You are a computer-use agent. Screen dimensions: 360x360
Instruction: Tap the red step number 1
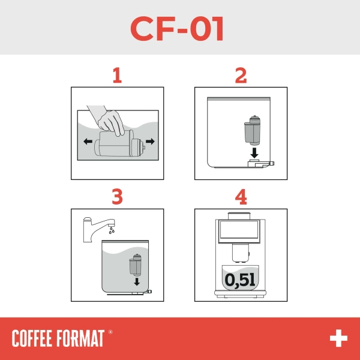[117, 75]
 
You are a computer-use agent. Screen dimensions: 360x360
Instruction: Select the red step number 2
[241, 75]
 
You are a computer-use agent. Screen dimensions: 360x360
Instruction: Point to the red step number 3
[117, 197]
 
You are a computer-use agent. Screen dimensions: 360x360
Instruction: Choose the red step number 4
[241, 197]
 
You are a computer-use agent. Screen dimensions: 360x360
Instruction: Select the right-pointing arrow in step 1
[149, 142]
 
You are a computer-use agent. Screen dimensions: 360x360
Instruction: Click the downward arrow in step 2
[255, 152]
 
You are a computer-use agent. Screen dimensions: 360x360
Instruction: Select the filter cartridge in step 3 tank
[135, 266]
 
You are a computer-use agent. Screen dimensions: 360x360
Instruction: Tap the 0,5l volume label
[241, 278]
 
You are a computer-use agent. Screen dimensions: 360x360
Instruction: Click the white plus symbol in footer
[338, 338]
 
